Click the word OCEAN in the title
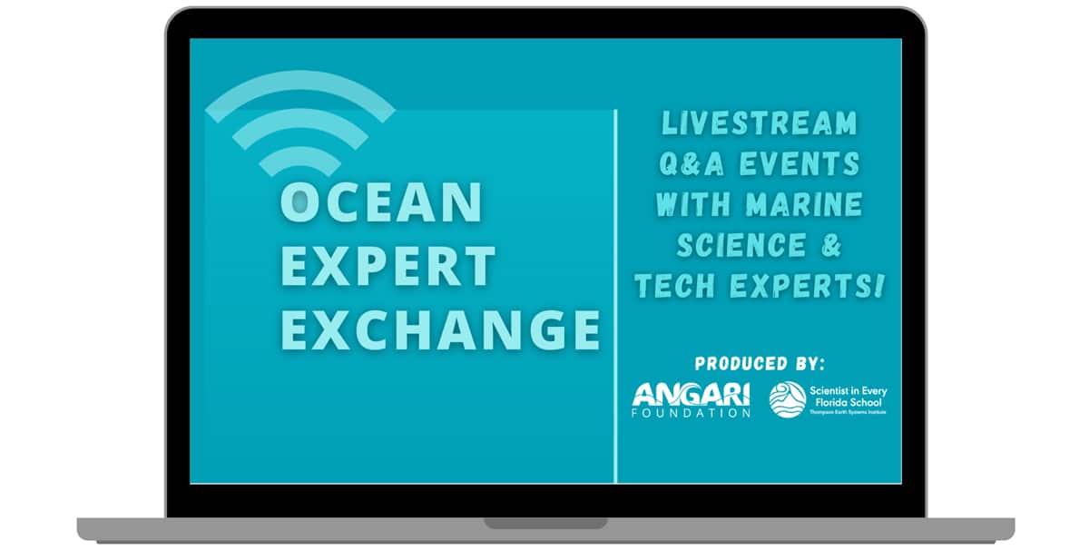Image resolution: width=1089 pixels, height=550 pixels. coord(382,202)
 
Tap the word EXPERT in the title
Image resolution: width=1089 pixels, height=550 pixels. coord(388,266)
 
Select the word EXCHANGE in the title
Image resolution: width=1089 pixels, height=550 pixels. coord(440,329)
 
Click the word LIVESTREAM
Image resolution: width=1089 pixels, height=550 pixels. coord(760,123)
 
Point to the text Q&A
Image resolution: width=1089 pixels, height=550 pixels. coord(692,163)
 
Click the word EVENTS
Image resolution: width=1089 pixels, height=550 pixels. coord(800,163)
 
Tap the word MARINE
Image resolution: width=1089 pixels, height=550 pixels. coord(805,204)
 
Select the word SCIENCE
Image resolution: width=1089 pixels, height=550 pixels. coord(741,245)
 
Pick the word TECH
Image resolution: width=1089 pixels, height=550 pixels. coord(675,286)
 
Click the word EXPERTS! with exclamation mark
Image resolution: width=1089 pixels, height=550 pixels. coord(807,286)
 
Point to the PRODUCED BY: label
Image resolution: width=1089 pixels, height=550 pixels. coord(760,364)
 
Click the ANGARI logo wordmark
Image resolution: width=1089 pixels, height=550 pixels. coord(691,395)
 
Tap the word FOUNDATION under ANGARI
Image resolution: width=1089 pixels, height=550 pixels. coord(691,413)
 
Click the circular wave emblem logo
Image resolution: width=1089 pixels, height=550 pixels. coord(788,399)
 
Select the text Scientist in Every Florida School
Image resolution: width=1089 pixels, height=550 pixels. coord(849,397)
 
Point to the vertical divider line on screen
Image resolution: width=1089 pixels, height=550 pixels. coord(615,296)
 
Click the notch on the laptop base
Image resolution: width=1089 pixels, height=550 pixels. coord(545,524)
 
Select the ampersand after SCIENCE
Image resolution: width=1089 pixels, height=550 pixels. coord(832,245)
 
